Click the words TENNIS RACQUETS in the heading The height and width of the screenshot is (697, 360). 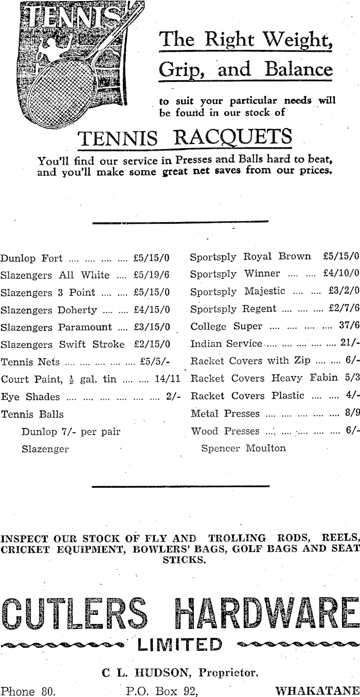click(x=184, y=137)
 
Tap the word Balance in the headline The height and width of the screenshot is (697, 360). click(x=298, y=69)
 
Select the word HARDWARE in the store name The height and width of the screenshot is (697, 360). click(x=265, y=614)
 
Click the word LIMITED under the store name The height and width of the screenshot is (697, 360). click(x=179, y=645)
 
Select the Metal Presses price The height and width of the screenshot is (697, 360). click(x=352, y=414)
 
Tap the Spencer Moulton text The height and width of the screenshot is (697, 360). click(x=243, y=448)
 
